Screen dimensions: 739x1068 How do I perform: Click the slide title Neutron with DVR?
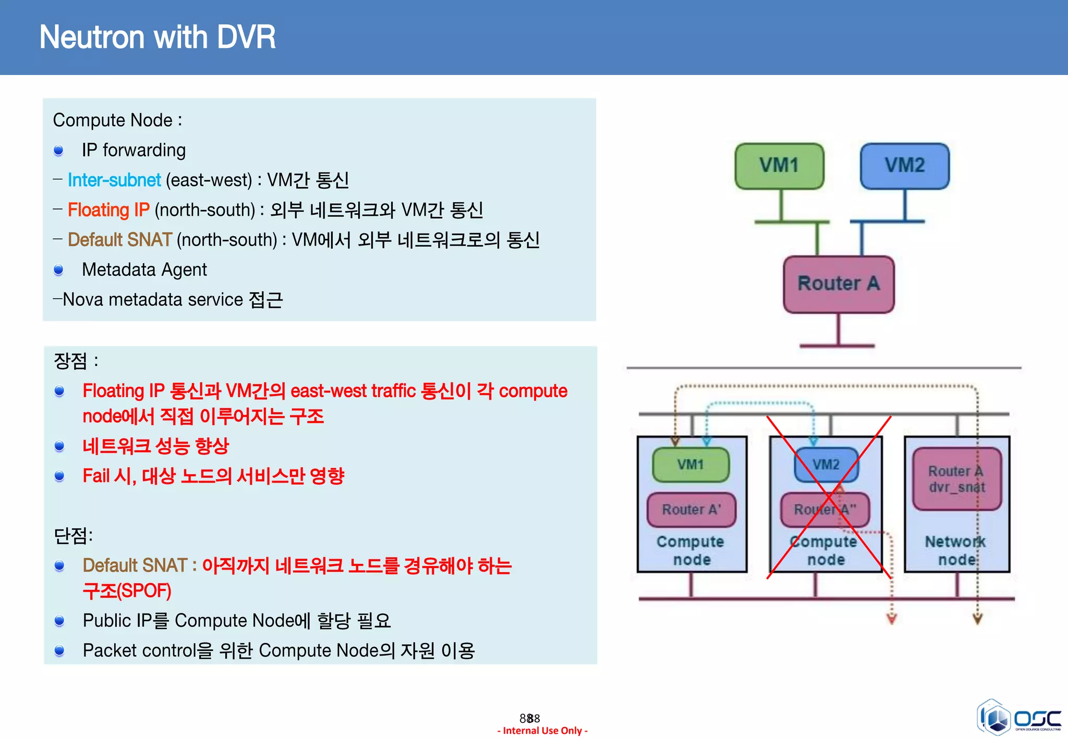tap(157, 38)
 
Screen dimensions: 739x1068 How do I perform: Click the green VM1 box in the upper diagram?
tap(779, 166)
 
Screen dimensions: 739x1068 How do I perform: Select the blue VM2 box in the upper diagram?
tap(904, 166)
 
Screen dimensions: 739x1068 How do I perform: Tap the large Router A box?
tap(839, 284)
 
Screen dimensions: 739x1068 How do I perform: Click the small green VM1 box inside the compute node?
tap(690, 464)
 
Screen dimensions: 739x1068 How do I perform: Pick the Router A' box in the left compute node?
tap(691, 510)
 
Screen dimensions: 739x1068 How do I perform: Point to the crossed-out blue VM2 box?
tap(826, 464)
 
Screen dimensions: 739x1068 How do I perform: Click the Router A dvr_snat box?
tap(956, 479)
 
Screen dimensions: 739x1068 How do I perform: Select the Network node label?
tap(955, 550)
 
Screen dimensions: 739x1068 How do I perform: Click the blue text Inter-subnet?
tap(114, 180)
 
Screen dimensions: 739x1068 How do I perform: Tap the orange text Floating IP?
tap(108, 210)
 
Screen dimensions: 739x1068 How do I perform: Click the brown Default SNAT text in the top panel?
tap(119, 240)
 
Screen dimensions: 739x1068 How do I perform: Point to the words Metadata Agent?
tap(144, 270)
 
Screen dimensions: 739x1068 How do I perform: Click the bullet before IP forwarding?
tap(58, 151)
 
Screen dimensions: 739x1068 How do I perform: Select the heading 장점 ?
tap(76, 361)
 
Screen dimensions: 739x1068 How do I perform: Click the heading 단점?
tap(74, 535)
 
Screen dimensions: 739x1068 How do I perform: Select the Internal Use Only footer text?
tap(542, 731)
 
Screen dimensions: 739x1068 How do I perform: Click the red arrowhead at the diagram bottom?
tap(892, 619)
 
